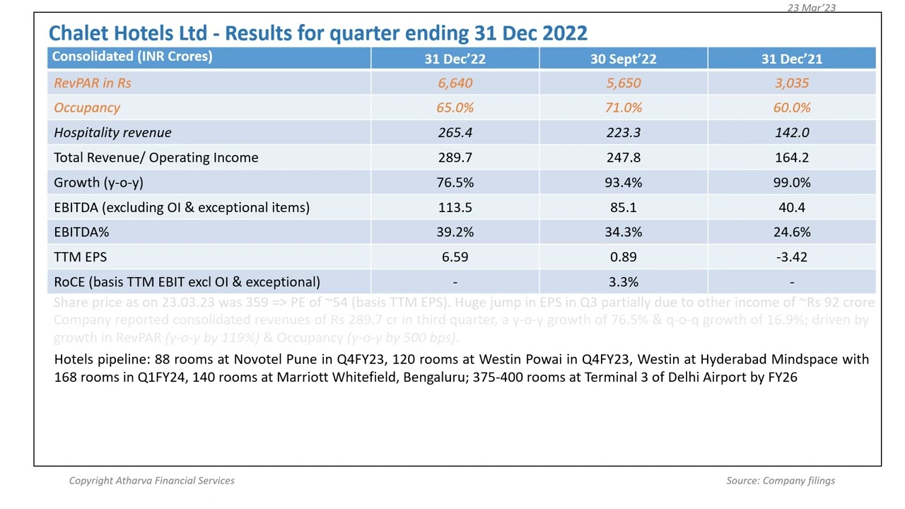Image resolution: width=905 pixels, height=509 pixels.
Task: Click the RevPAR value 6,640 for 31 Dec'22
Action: point(455,83)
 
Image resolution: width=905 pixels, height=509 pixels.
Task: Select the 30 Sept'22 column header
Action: point(623,59)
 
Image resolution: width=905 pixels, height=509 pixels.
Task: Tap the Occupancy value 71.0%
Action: point(623,108)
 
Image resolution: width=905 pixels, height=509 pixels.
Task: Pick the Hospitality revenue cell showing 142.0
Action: point(791,133)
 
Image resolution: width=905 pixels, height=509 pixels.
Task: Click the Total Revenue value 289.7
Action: point(455,158)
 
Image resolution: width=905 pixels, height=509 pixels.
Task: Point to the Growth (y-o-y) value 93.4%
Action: point(623,182)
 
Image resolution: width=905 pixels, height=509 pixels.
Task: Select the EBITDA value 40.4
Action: point(791,207)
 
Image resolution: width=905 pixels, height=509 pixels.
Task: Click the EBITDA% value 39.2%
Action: point(455,232)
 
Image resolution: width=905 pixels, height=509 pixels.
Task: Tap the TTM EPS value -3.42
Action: point(791,257)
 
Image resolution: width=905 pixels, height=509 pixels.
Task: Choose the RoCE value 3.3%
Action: point(623,282)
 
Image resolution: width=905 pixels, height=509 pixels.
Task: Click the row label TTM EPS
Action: point(80,257)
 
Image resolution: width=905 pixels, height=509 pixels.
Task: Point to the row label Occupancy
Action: point(87,108)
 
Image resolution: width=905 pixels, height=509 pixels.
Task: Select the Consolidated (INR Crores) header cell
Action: point(132,57)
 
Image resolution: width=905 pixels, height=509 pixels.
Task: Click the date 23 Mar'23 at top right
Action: point(811,8)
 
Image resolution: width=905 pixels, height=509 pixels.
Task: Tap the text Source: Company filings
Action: point(780,481)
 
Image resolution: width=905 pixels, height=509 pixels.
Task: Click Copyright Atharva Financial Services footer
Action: point(151,481)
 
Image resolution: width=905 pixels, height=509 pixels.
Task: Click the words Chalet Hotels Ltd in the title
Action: point(128,33)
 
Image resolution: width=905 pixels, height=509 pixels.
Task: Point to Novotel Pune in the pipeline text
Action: point(270,359)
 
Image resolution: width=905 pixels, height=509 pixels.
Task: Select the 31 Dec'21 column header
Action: point(791,59)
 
